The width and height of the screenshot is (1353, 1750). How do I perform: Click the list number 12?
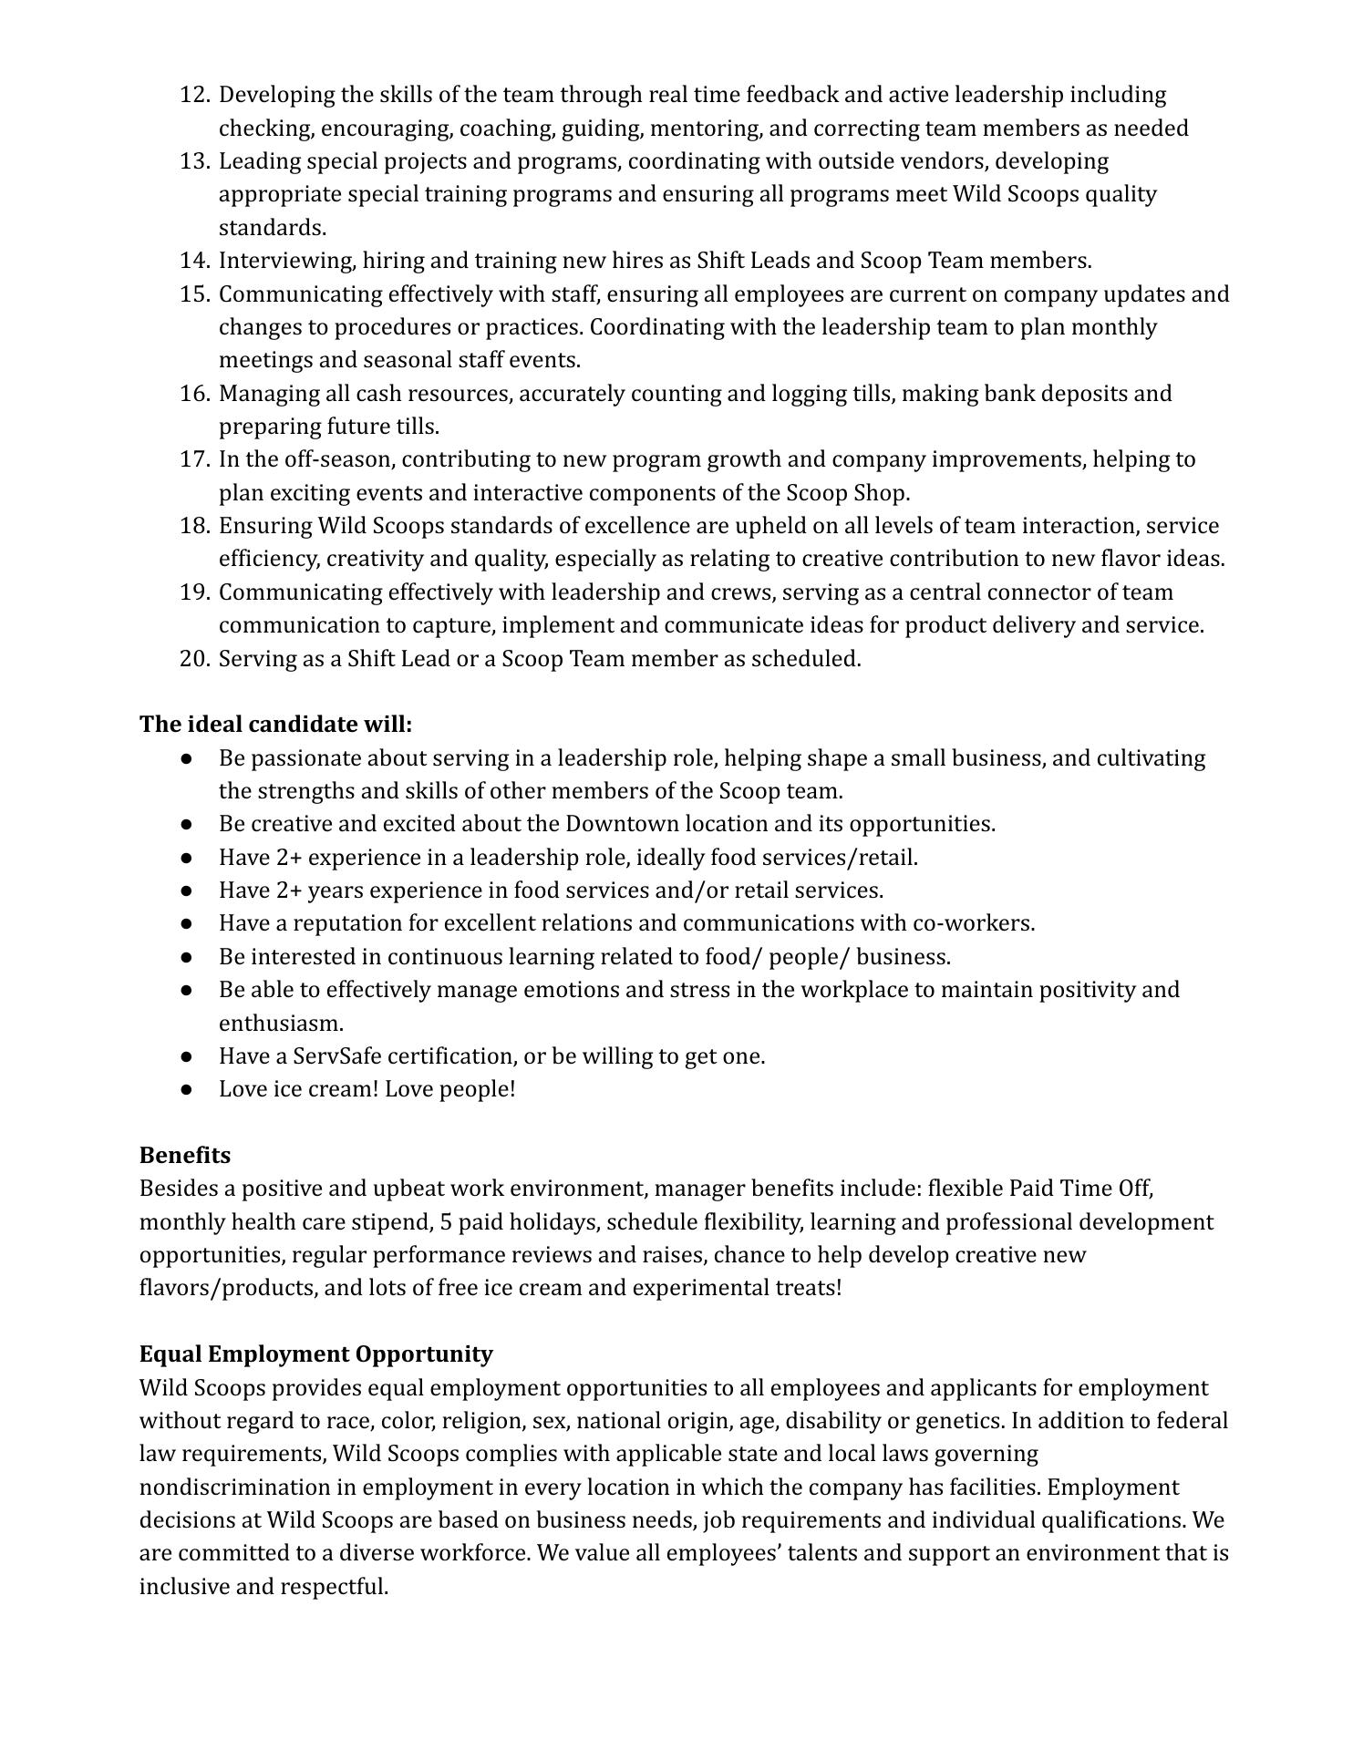[x=194, y=95]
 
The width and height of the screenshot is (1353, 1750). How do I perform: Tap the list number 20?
[x=194, y=659]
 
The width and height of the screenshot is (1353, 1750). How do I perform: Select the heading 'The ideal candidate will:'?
[x=275, y=725]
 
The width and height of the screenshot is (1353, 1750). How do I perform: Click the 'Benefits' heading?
[x=185, y=1156]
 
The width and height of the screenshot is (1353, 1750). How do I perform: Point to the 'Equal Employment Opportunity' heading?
[x=315, y=1354]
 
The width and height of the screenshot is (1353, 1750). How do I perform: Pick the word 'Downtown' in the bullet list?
[x=622, y=824]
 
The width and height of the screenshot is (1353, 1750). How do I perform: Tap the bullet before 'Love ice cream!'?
[x=187, y=1090]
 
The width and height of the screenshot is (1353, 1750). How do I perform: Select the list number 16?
[x=194, y=394]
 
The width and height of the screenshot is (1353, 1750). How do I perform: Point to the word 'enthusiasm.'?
[x=281, y=1024]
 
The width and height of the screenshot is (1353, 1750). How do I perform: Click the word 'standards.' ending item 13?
[x=273, y=227]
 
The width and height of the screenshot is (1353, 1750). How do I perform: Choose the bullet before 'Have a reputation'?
[x=187, y=924]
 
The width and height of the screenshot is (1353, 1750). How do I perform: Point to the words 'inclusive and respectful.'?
[x=264, y=1587]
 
